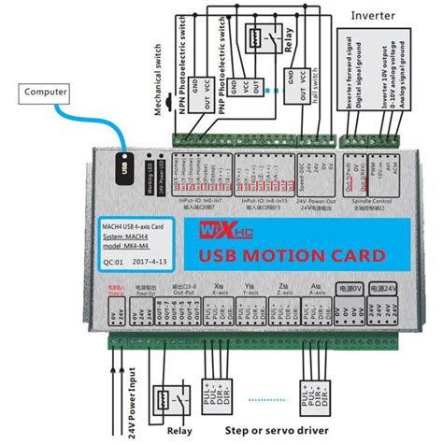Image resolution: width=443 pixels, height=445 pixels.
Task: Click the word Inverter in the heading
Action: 370,16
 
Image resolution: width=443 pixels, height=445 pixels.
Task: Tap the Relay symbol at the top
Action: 259,39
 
